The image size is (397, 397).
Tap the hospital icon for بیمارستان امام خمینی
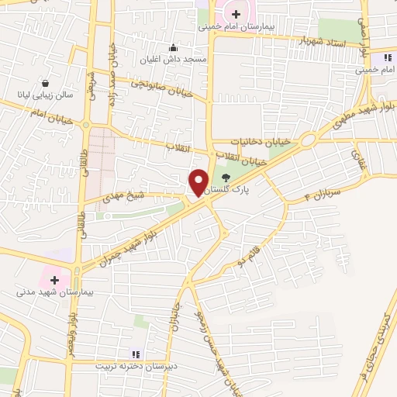[236, 13]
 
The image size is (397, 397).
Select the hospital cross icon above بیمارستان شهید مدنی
[54, 279]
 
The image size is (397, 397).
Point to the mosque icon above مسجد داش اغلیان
[173, 47]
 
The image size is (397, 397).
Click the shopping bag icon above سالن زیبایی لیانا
[47, 83]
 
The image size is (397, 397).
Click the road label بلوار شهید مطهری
[364, 109]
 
